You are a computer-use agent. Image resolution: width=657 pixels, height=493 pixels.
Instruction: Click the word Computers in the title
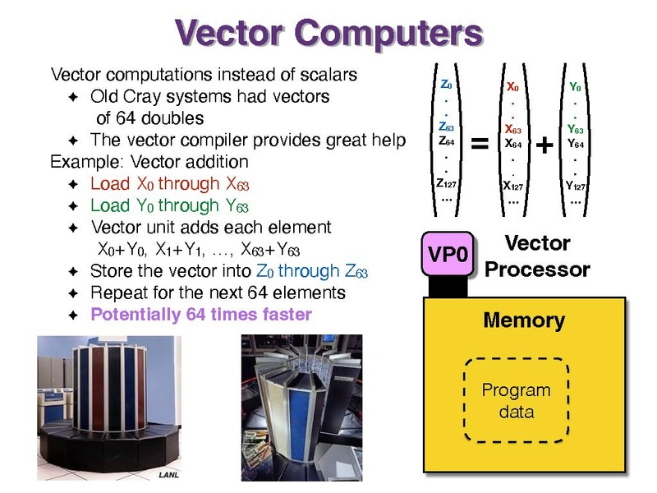(388, 34)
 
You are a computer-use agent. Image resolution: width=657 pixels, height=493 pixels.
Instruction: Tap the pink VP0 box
(448, 254)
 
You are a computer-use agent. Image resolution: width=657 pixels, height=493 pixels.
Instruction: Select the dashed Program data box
(517, 400)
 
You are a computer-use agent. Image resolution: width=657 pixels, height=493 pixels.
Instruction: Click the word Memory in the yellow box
(524, 320)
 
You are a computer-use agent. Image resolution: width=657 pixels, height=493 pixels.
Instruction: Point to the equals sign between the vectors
(480, 143)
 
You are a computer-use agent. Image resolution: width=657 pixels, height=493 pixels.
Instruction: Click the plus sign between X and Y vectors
(544, 145)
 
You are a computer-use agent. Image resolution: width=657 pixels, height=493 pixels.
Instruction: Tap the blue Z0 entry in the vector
(446, 85)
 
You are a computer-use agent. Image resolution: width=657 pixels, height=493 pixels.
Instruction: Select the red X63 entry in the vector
(512, 129)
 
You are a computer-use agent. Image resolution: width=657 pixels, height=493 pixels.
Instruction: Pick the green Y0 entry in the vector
(575, 87)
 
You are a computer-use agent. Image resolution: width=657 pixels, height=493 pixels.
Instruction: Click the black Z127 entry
(446, 183)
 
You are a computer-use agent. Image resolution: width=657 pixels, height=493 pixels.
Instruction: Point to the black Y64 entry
(576, 144)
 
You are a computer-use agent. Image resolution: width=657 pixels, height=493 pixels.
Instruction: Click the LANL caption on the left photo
(168, 475)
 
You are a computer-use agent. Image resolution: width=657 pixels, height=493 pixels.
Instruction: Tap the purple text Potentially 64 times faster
(201, 315)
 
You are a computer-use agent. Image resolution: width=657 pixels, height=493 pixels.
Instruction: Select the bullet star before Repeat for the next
(73, 293)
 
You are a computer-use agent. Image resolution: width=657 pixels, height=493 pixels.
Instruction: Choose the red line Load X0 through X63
(170, 184)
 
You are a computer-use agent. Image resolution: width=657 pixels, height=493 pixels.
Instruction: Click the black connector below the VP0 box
(448, 287)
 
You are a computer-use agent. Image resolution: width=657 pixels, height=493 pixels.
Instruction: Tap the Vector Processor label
(538, 256)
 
